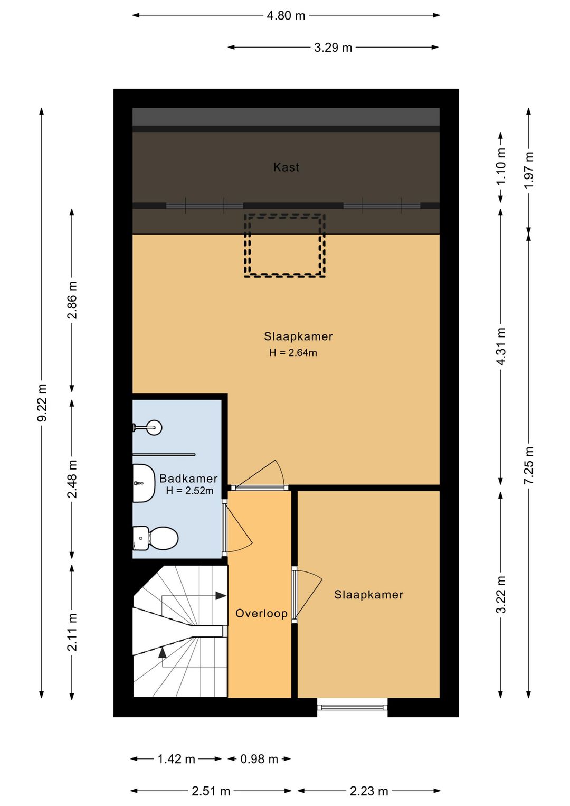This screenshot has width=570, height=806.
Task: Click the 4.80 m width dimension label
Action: point(286,16)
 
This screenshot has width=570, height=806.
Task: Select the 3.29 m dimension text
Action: point(333,48)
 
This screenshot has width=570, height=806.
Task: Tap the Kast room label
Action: point(286,167)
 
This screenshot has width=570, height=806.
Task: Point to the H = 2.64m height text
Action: point(293,353)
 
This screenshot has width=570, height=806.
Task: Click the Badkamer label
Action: point(188,479)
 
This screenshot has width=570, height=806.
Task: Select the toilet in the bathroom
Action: point(155,538)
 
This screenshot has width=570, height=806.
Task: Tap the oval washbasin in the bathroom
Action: point(142,483)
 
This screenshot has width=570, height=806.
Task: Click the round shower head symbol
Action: point(155,427)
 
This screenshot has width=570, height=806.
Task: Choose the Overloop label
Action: point(261,613)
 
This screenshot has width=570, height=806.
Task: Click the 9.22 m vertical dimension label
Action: point(42,402)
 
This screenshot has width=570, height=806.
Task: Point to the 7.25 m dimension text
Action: point(529,466)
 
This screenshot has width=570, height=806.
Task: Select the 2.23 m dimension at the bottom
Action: point(369,791)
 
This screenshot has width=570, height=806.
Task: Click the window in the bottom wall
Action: point(353,707)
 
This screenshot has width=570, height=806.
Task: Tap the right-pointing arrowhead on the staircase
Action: point(221,596)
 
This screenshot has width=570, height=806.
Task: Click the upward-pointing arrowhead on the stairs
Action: point(163,652)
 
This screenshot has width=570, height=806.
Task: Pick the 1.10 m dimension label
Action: point(501,166)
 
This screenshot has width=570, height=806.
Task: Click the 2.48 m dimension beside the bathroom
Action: point(72,479)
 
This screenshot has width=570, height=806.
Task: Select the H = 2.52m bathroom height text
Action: point(189,491)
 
